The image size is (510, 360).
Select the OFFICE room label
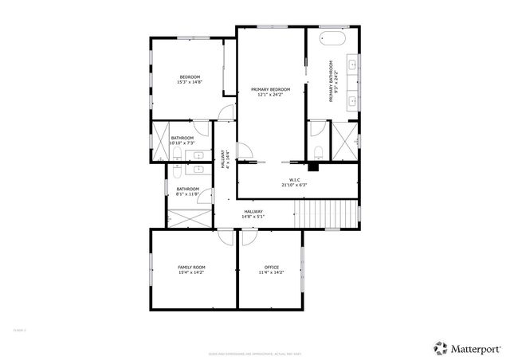click(x=271, y=267)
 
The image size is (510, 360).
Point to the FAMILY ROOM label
click(x=191, y=267)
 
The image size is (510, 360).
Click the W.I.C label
click(x=293, y=179)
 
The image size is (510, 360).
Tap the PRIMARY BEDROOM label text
click(x=270, y=89)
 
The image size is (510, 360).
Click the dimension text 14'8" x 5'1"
click(x=253, y=216)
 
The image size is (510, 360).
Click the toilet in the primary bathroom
click(x=318, y=151)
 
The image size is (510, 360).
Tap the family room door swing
click(x=225, y=236)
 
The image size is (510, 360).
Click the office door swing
click(x=248, y=236)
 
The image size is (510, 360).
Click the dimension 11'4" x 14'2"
click(x=271, y=272)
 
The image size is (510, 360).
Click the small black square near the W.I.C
click(x=314, y=166)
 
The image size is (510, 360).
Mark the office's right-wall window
click(x=304, y=265)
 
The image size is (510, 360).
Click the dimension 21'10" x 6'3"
click(x=293, y=185)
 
